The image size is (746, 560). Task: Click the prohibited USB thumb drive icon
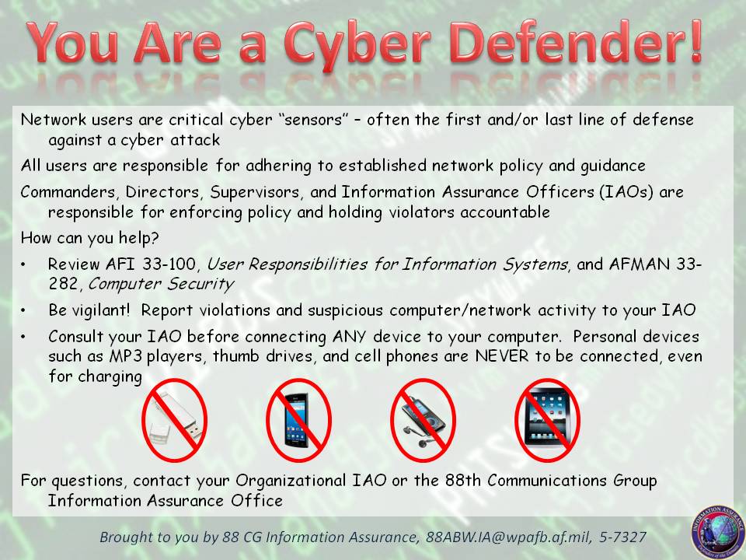(x=174, y=420)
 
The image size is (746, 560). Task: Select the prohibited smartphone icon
(x=299, y=420)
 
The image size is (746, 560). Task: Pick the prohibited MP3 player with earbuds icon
(x=423, y=420)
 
